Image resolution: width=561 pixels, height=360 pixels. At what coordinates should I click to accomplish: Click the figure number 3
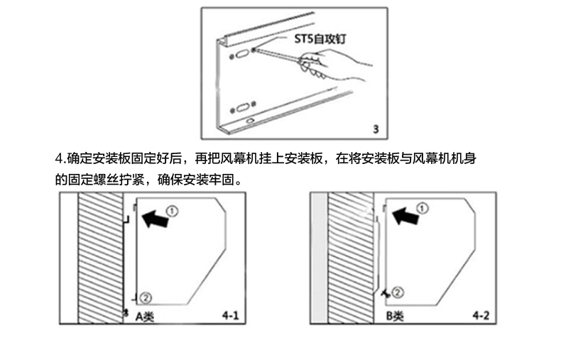coord(376,130)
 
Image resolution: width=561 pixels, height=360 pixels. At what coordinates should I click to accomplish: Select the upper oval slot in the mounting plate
coord(241,53)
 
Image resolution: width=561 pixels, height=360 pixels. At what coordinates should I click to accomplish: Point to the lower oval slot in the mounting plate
coord(241,109)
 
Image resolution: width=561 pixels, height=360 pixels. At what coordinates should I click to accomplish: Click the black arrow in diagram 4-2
coord(405,214)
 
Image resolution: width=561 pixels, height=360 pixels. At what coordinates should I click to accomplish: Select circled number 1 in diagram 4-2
coord(423,207)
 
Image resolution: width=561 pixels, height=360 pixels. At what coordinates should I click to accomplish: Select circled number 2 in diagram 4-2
coord(398,291)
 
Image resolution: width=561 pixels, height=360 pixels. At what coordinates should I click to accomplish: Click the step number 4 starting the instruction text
coord(59,157)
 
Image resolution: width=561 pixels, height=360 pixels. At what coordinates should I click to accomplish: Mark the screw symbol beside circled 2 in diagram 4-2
coord(384,292)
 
